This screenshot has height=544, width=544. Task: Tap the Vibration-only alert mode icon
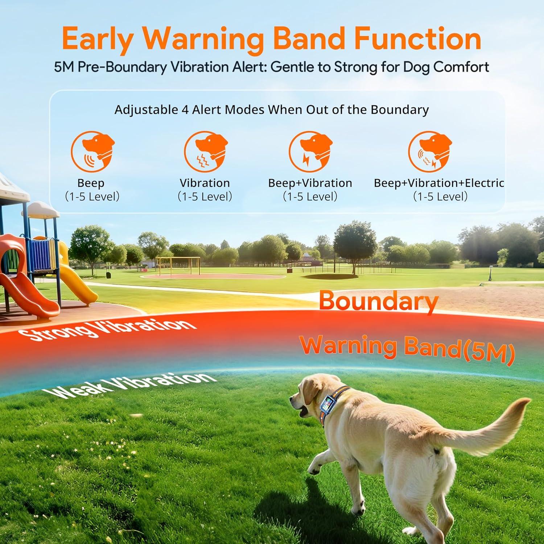[205, 152]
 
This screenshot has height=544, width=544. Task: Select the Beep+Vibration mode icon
[310, 152]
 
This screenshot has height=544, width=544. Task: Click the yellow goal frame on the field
[178, 266]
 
